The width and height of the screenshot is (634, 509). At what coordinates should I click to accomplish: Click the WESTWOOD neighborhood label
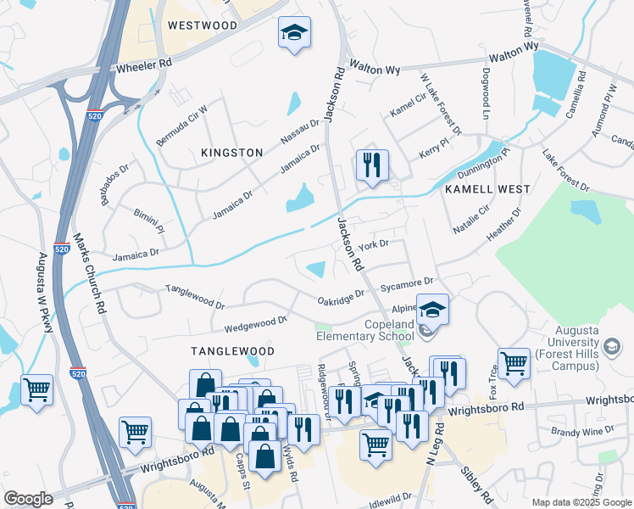point(202,25)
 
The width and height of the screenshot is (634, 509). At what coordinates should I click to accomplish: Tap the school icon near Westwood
point(293,34)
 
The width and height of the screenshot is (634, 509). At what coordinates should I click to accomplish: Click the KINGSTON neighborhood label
point(231,152)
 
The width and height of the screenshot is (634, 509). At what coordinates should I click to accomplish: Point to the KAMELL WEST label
point(487,190)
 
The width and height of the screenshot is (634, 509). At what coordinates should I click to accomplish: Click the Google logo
point(27,499)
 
